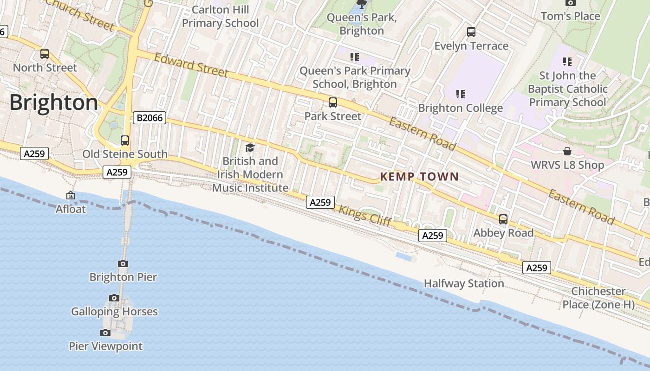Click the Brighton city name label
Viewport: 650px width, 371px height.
click(53, 102)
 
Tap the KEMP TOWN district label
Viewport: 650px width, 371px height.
click(419, 177)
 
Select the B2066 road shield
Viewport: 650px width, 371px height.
click(150, 118)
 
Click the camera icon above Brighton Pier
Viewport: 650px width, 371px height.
click(123, 264)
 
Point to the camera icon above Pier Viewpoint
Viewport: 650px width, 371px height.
click(105, 333)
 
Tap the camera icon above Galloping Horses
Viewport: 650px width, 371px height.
click(114, 298)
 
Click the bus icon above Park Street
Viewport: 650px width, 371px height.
click(332, 102)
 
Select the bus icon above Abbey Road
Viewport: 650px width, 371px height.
click(503, 219)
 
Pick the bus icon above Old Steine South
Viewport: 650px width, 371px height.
click(124, 140)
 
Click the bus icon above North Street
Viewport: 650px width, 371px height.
click(45, 54)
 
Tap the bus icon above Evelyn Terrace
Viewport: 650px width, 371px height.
click(471, 32)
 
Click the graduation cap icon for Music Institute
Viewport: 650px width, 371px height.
click(250, 148)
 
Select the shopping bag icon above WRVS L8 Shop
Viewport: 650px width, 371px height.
click(567, 151)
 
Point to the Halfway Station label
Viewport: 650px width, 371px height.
click(464, 283)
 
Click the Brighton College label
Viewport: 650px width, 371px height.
click(461, 108)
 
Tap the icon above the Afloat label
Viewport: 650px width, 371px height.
click(71, 196)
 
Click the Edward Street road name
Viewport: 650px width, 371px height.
click(191, 65)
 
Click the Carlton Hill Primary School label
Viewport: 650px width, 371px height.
click(221, 16)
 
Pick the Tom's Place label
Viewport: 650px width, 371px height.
click(570, 16)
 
